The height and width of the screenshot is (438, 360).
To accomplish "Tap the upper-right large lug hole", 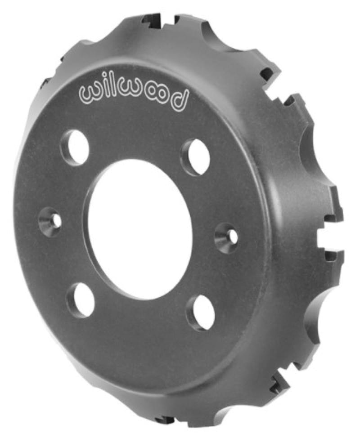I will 196,156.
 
